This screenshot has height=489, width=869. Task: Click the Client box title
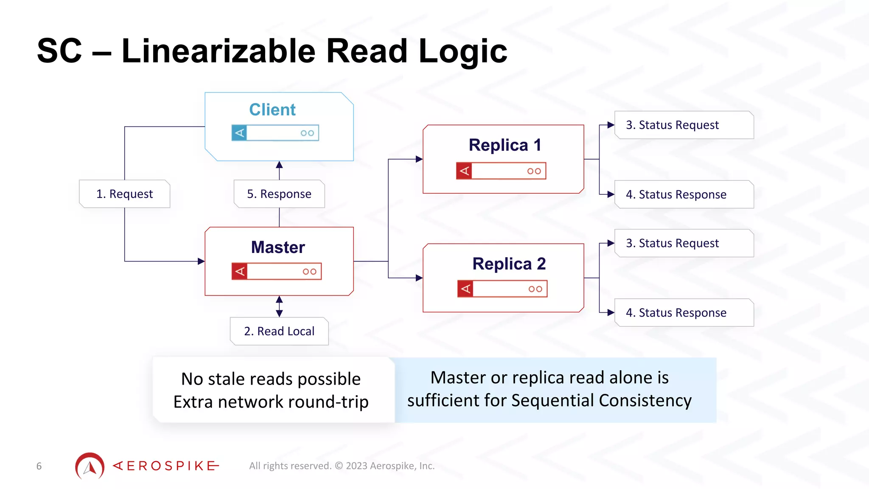tap(272, 110)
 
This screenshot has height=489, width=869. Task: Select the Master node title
tap(278, 247)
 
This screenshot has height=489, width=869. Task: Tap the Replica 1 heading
tap(505, 145)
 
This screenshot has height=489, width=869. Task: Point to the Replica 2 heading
tap(509, 264)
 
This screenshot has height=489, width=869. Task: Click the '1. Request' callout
tap(124, 194)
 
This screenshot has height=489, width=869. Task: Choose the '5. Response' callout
tap(279, 194)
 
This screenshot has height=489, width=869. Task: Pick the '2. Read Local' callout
tap(279, 331)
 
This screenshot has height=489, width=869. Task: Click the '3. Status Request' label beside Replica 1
tap(672, 125)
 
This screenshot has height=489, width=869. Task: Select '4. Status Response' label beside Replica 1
tap(676, 194)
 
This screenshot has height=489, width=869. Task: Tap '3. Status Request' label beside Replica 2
tap(672, 243)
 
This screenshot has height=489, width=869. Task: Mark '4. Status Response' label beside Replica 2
tap(676, 313)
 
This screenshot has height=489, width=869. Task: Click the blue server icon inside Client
tap(275, 133)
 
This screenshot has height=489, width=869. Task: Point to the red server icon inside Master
tap(277, 271)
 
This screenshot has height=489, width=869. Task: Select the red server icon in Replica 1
tap(501, 171)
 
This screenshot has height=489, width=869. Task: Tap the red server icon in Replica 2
tap(502, 289)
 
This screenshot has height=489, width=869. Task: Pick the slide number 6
tap(39, 466)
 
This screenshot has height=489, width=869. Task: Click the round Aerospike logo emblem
tap(90, 466)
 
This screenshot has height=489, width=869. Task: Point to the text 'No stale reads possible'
tap(271, 379)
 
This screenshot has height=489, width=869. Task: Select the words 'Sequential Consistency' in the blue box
tap(601, 400)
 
